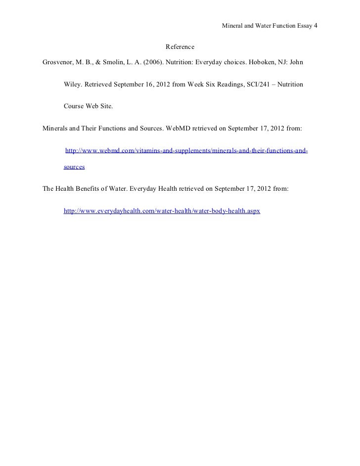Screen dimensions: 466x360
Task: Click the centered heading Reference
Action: [x=180, y=47]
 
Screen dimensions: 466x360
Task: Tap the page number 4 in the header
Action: [x=315, y=25]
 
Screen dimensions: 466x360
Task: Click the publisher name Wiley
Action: [x=72, y=85]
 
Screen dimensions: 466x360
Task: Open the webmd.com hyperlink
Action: [x=187, y=150]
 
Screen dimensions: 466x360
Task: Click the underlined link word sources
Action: [x=74, y=168]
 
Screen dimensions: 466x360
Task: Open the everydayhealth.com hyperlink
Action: [x=162, y=211]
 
